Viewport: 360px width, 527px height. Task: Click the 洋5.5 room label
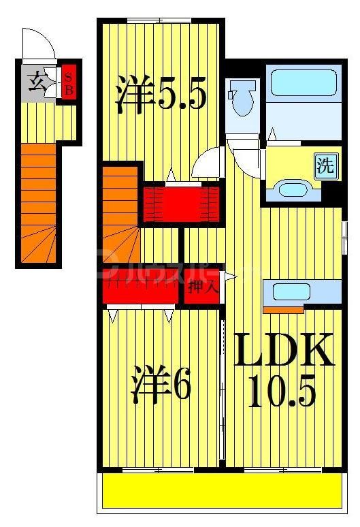click(x=161, y=96)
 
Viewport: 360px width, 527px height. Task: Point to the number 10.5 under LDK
click(x=282, y=392)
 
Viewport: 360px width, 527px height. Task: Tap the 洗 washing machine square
click(x=326, y=165)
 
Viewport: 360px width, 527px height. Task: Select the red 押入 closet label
click(x=203, y=287)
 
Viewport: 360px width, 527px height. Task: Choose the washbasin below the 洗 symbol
click(x=293, y=189)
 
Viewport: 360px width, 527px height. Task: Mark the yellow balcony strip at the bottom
click(x=222, y=490)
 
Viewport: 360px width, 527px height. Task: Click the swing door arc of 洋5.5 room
click(x=208, y=164)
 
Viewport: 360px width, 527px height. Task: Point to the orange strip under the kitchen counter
click(x=283, y=310)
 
